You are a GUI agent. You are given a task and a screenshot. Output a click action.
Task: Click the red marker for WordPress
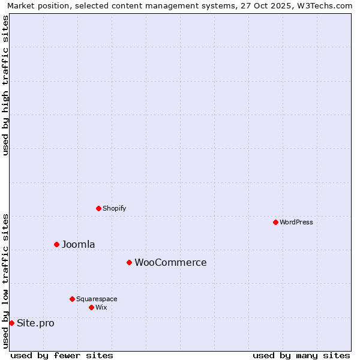275,222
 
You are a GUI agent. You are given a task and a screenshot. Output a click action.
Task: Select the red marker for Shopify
98,208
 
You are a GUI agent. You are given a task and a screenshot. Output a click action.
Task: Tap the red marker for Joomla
56,244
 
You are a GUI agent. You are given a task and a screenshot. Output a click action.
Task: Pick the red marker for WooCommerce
129,262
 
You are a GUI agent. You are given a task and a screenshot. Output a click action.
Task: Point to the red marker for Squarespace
72,299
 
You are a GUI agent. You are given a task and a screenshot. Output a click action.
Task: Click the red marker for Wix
91,307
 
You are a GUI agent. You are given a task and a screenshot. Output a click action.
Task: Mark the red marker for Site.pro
11,323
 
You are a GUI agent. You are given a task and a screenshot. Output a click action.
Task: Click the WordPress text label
296,222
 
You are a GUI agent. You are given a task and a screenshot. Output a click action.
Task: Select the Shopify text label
114,208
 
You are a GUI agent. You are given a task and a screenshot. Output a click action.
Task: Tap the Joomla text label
79,244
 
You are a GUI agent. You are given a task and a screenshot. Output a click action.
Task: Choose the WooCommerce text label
170,262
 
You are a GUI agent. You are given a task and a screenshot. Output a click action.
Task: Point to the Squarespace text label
97,299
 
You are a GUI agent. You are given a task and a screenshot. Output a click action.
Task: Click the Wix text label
101,307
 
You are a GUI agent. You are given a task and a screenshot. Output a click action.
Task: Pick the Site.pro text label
35,323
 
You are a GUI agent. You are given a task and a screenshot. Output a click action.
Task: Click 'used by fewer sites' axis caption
62,355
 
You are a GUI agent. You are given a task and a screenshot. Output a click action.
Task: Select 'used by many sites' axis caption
301,355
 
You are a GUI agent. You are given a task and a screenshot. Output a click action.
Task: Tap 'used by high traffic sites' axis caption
5,85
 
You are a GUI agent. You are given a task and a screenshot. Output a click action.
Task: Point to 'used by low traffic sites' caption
5,281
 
